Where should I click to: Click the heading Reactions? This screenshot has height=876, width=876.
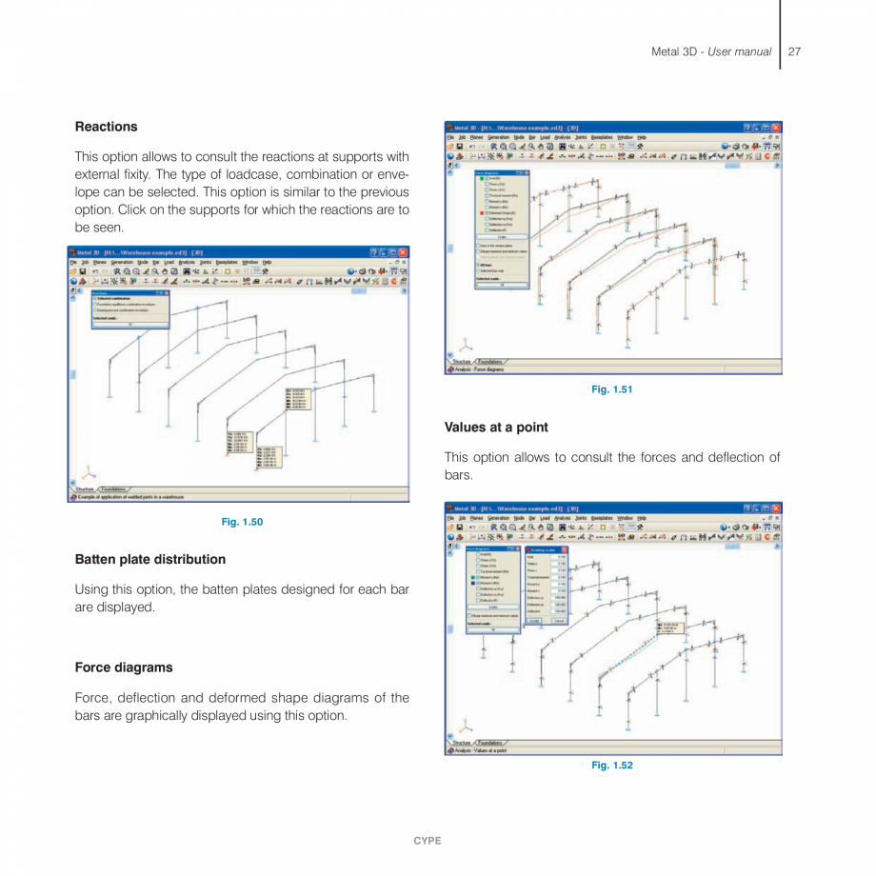[x=106, y=127]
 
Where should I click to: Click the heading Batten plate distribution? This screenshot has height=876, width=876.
[x=149, y=559]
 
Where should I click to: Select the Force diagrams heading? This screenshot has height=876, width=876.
[x=124, y=667]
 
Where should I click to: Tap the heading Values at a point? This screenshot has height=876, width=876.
[x=496, y=428]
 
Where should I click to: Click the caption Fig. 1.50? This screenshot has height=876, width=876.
[x=242, y=522]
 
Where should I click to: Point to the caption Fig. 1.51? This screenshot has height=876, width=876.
[x=611, y=389]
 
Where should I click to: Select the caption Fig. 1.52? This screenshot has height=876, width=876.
[x=611, y=766]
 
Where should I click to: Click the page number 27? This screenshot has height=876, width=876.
[x=794, y=51]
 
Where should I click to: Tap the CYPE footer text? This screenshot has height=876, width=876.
[x=427, y=841]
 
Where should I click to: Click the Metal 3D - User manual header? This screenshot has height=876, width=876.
[x=710, y=51]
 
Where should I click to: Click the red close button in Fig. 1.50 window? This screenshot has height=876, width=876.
[x=403, y=252]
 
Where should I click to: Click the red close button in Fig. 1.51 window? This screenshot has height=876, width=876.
[x=775, y=128]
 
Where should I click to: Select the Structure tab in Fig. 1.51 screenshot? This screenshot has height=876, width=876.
[x=462, y=362]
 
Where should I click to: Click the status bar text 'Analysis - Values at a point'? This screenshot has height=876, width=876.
[x=481, y=751]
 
